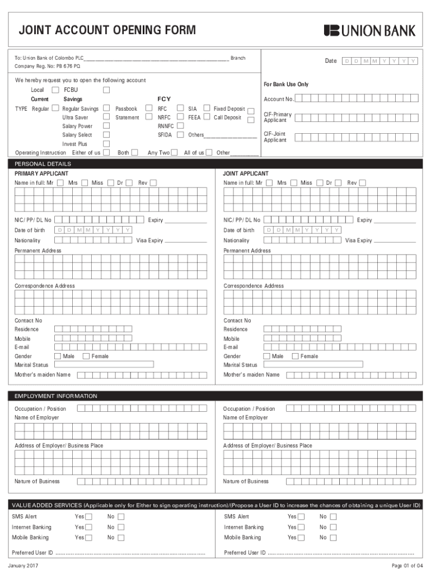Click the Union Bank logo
pos(369,30)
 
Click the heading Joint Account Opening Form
pos(107,30)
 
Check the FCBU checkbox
pos(106,90)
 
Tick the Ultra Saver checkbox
pos(106,118)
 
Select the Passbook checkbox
pos(149,109)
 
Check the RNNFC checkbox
pos(180,126)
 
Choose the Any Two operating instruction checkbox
pos(175,152)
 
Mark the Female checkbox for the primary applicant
pos(86,356)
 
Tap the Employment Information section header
pos(56,396)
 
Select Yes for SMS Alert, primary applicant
pos(88,516)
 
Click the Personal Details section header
pos(43,164)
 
